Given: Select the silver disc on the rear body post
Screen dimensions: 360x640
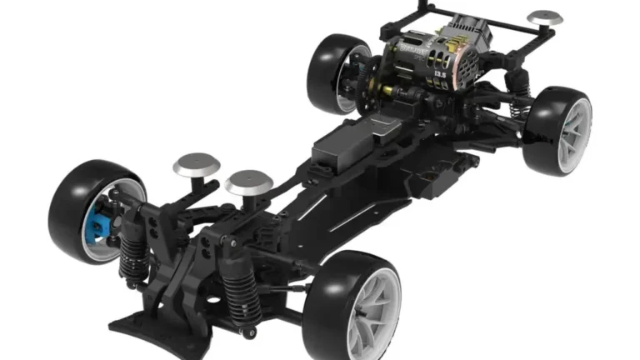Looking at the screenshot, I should (546, 17).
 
